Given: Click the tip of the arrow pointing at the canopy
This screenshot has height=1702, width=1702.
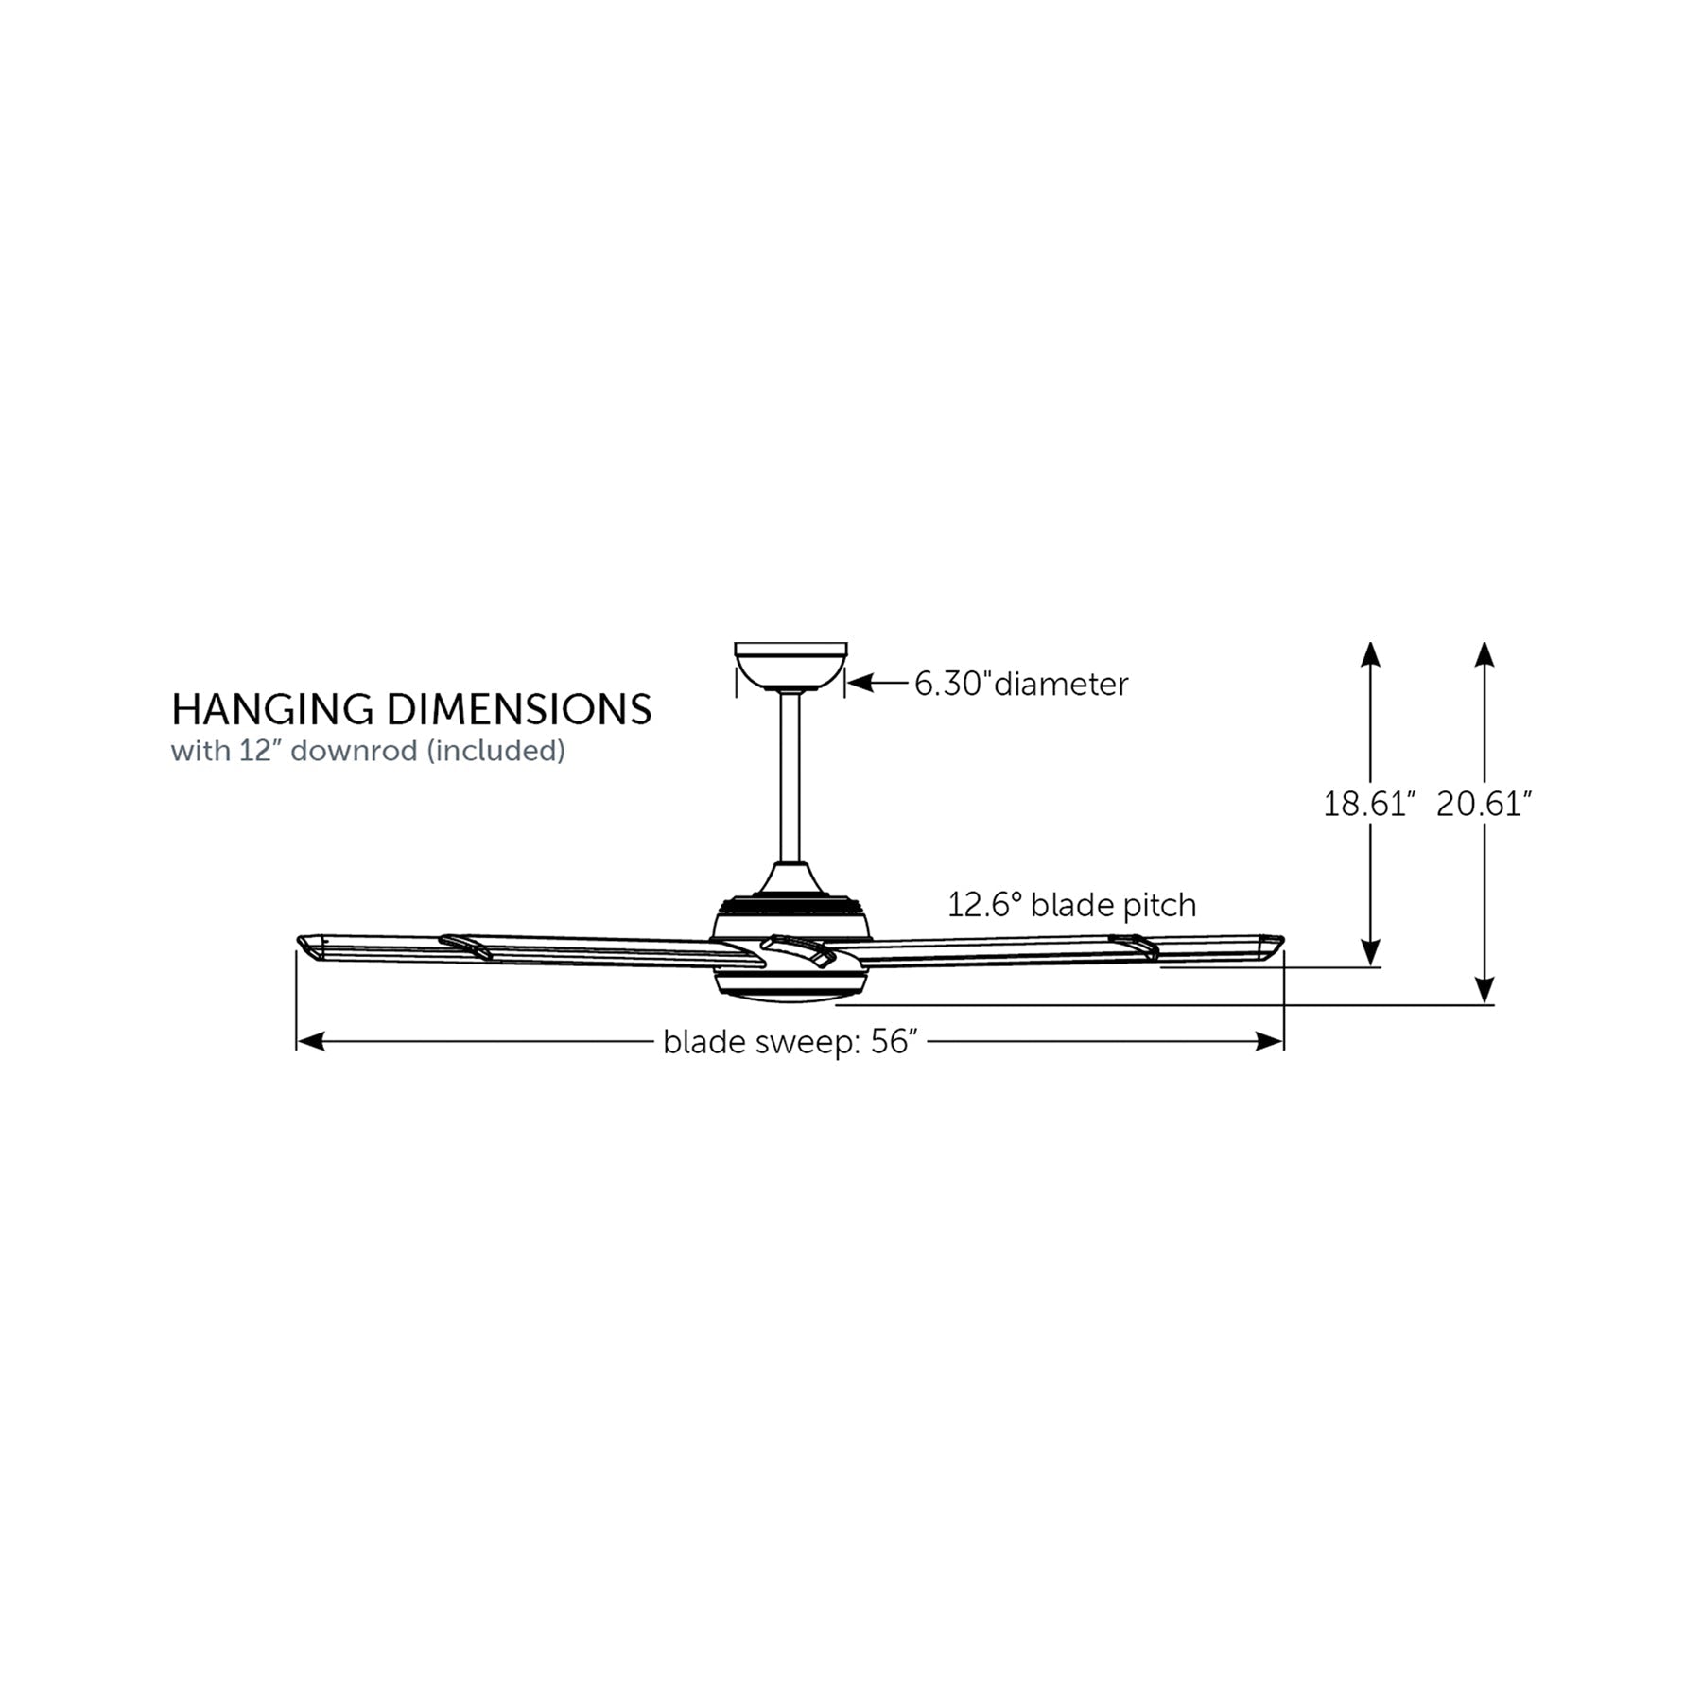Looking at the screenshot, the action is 847,683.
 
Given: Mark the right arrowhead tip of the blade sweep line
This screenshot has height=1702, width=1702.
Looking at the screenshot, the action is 1283,1042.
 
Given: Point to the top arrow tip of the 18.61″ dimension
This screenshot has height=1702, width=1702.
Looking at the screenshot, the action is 1370,642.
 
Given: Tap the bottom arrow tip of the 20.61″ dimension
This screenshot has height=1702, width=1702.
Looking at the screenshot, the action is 1485,1004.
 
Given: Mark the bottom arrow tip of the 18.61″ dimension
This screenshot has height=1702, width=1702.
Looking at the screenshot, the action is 1370,966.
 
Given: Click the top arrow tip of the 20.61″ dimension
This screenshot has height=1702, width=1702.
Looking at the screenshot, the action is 1485,642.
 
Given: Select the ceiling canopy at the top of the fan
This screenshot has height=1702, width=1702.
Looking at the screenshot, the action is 790,667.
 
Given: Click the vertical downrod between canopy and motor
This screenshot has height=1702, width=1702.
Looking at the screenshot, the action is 790,777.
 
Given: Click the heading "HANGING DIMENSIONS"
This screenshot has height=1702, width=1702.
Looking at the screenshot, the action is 411,710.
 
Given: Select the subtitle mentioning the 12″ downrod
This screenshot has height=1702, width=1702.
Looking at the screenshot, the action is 368,751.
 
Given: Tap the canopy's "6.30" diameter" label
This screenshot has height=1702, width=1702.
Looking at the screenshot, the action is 1021,684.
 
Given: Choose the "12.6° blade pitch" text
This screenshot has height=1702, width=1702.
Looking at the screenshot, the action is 1072,905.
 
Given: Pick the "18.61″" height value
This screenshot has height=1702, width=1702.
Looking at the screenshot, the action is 1368,804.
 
